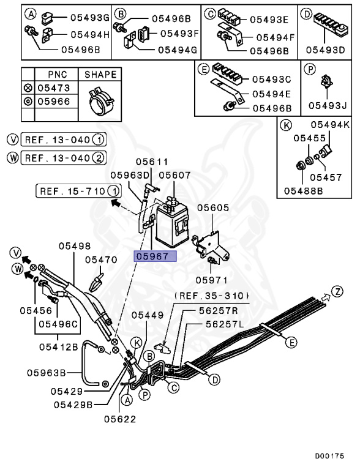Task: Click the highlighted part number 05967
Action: (x=155, y=256)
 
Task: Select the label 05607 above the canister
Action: (x=175, y=175)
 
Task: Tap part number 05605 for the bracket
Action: (x=212, y=208)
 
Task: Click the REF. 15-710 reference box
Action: (x=72, y=191)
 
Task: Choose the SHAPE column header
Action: (x=100, y=75)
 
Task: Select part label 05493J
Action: (x=328, y=106)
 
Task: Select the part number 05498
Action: (x=75, y=246)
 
